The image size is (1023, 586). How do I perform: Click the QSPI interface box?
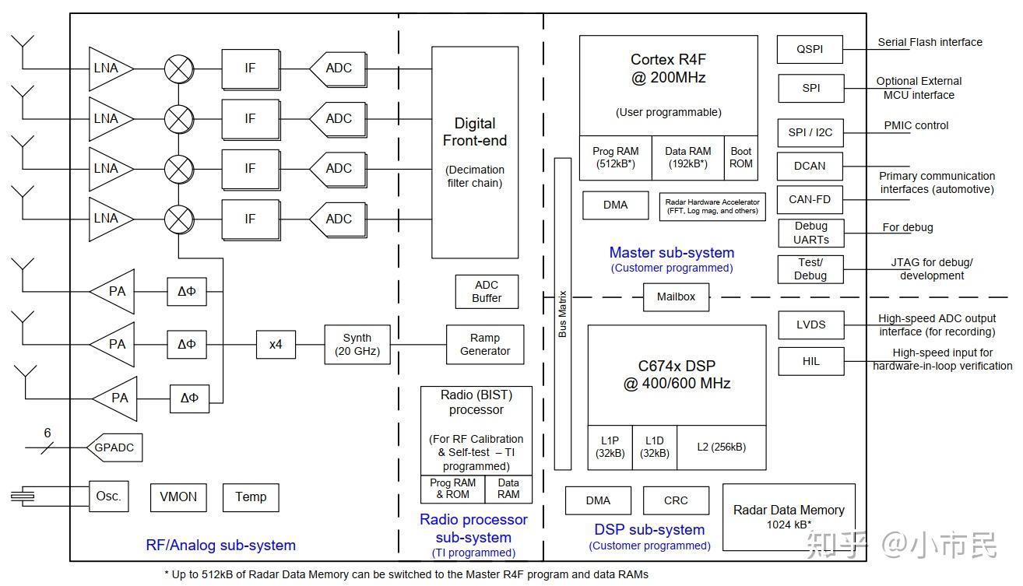point(810,49)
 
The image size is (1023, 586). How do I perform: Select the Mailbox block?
point(676,297)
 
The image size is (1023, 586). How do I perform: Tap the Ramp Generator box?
point(484,345)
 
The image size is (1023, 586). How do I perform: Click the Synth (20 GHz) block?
point(357,345)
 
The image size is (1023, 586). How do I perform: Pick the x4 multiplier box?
point(276,345)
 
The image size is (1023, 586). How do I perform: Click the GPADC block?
point(114,447)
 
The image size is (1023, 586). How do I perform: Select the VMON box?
point(178,497)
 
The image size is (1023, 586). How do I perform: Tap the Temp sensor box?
point(251,497)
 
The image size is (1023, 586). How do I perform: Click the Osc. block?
point(109,497)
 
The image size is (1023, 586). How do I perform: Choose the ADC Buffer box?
point(487,292)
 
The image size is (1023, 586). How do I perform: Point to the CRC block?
point(676,500)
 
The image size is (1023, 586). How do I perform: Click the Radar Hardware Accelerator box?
point(712,207)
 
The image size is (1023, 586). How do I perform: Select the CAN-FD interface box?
point(810,199)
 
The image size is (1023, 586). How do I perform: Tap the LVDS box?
point(811,325)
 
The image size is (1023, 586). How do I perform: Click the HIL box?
point(811,361)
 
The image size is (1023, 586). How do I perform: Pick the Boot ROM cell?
point(740,158)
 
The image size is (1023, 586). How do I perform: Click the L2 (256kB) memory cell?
point(721,447)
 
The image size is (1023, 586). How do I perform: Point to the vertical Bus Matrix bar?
point(563,314)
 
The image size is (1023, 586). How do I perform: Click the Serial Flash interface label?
point(930,43)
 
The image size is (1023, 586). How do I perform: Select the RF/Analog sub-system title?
point(220,546)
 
